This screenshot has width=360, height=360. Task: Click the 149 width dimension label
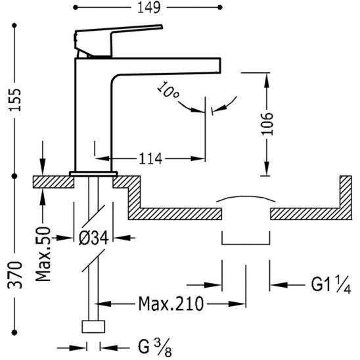[148, 8]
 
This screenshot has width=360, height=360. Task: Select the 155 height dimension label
[15, 99]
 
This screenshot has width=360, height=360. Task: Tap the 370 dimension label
[15, 275]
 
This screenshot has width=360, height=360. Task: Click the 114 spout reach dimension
[150, 158]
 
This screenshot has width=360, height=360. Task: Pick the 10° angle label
[168, 90]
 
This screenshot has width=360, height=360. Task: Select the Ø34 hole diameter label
[94, 238]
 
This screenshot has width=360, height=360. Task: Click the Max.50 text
[43, 254]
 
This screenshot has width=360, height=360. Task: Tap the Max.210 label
[171, 304]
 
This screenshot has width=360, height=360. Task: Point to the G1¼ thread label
[331, 284]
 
